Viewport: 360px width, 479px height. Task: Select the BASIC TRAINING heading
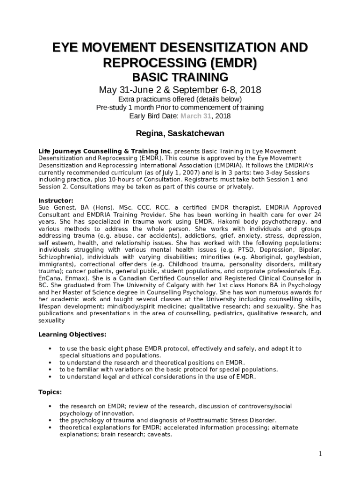pos(180,77)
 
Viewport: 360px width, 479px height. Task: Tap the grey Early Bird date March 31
pos(196,116)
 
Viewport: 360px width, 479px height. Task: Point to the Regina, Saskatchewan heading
pos(180,133)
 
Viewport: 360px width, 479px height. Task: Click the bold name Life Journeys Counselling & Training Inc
pos(105,151)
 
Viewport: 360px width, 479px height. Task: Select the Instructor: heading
pos(56,200)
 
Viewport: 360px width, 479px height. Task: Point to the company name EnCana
pos(49,278)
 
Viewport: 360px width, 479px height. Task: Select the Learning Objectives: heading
pos(72,334)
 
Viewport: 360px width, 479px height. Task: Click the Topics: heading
pos(50,392)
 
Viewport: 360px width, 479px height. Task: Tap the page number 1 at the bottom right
pos(320,453)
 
